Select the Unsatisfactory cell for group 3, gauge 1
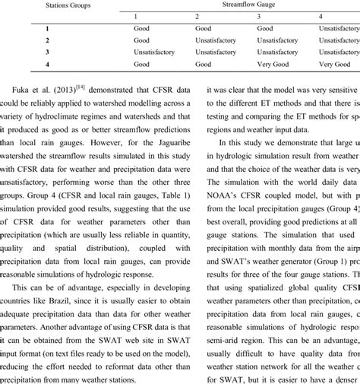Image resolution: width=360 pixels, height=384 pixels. pos(157,52)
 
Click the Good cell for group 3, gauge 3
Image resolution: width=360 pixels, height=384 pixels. pos(267,52)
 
